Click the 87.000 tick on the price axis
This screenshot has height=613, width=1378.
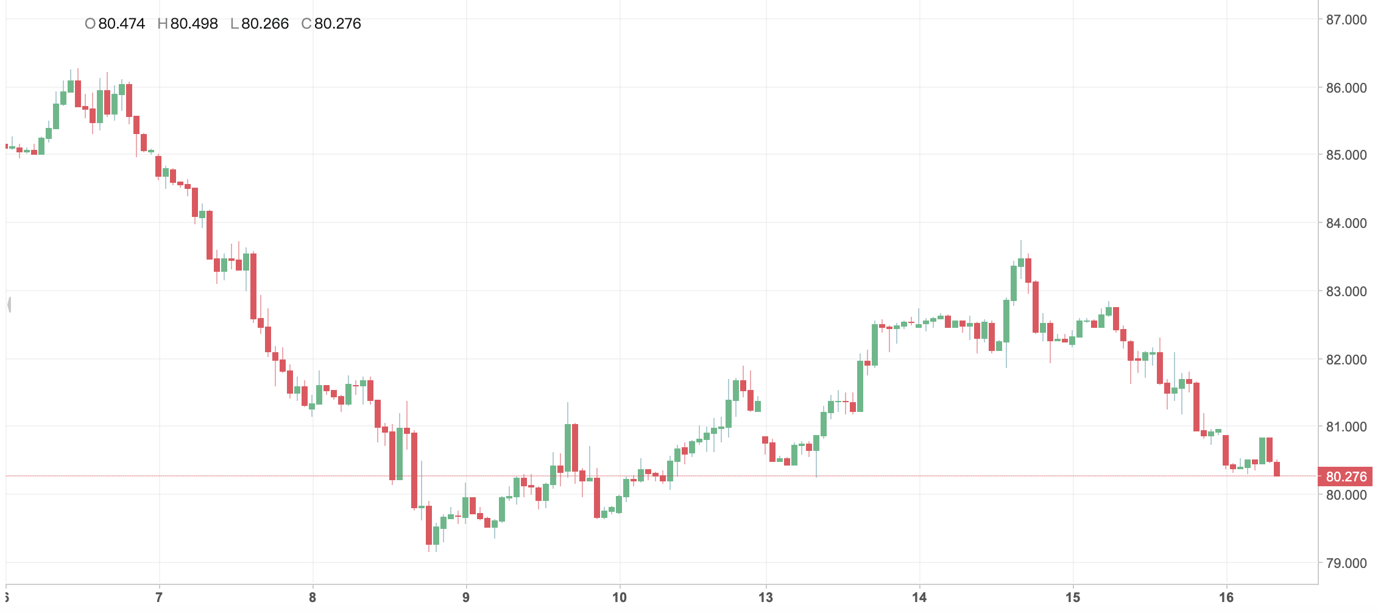(1346, 20)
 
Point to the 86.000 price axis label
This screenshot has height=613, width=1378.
(1346, 88)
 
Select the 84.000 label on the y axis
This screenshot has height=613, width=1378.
(1346, 224)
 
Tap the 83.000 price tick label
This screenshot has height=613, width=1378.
(1346, 292)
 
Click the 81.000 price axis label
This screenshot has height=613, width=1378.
(1346, 427)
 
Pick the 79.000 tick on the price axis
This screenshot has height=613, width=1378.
(1346, 563)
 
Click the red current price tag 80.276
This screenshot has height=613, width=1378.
(1346, 477)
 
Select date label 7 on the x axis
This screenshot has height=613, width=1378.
(159, 598)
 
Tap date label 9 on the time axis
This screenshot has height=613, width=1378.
(466, 598)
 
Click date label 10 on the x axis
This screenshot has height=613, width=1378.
(620, 598)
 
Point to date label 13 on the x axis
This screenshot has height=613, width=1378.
(766, 598)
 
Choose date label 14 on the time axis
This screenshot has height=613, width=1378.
(919, 598)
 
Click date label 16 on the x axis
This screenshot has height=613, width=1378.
(1226, 598)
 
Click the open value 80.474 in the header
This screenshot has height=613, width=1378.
(121, 24)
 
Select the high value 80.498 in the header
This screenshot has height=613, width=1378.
(194, 24)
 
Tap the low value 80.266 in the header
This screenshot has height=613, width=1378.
(265, 24)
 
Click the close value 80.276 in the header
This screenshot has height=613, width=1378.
(337, 24)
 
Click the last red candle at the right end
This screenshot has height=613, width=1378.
(1277, 469)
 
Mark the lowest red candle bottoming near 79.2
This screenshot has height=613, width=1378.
(429, 525)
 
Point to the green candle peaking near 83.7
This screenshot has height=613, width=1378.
(1021, 263)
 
